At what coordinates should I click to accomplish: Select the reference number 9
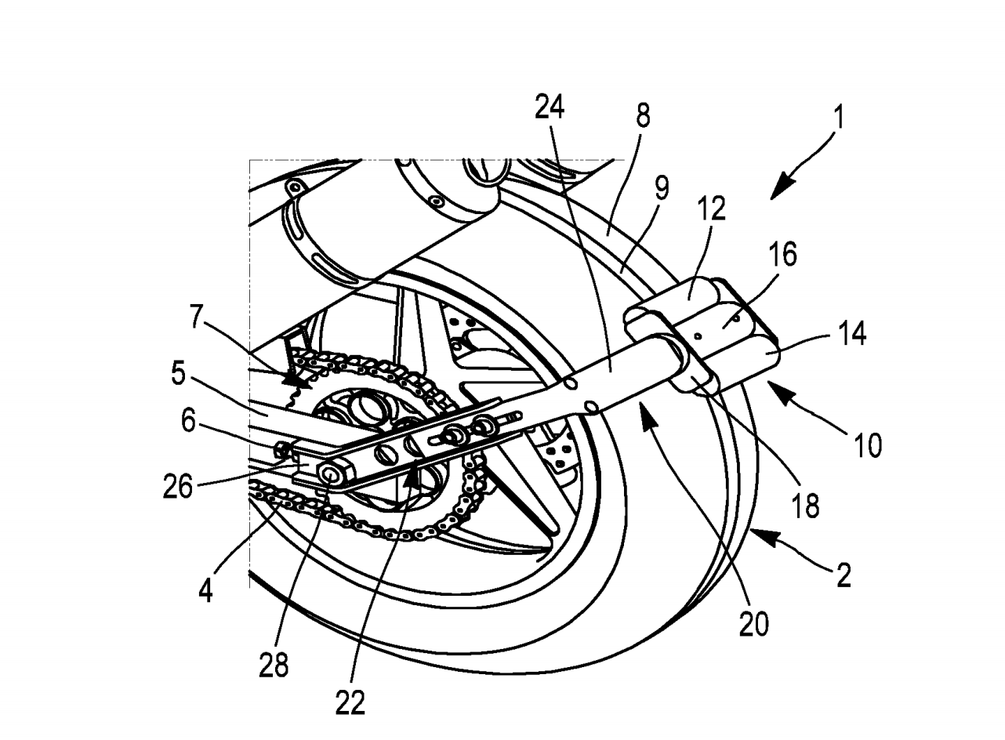click(x=662, y=187)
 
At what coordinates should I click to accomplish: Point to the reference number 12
click(x=712, y=209)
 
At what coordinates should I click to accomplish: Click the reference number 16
click(x=783, y=254)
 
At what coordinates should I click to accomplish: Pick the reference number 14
click(x=851, y=334)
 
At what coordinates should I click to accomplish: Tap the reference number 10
click(x=868, y=445)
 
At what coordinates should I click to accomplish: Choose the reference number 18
click(x=806, y=506)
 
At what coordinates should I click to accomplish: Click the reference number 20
click(x=754, y=624)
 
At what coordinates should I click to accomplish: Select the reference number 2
click(x=844, y=575)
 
